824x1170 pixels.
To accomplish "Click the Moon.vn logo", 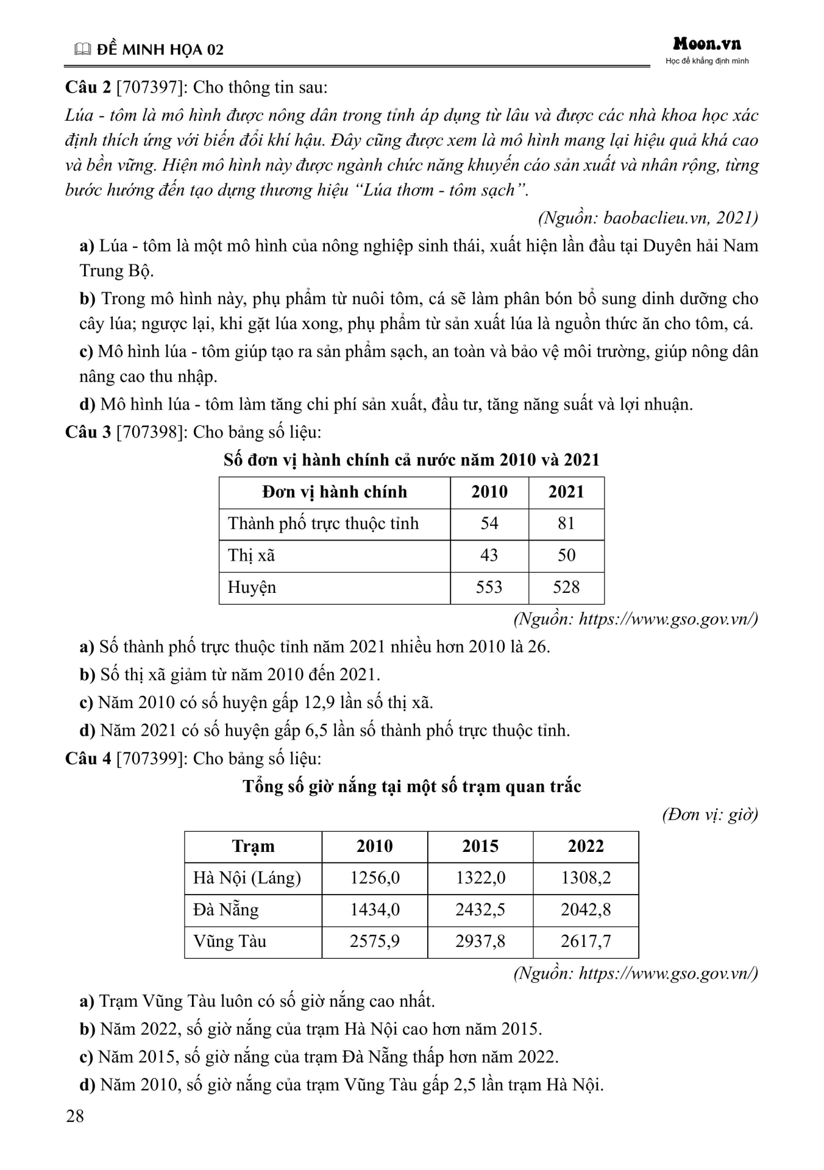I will tap(707, 44).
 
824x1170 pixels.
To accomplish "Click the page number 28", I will tap(75, 1116).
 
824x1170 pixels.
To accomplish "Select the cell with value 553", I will tap(489, 587).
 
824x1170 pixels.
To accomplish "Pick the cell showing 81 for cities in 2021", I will tap(566, 523).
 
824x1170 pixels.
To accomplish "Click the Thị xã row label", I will tap(252, 555).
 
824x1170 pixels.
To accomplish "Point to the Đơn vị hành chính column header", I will tap(335, 492).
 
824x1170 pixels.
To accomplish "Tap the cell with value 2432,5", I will tap(480, 909).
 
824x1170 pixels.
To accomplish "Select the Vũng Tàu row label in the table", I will tap(230, 941).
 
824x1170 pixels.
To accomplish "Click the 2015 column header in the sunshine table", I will tap(480, 846).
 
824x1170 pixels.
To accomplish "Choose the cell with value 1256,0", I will tap(375, 877).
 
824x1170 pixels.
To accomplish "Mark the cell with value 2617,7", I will tap(586, 941).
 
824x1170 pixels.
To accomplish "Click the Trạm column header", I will tap(253, 846).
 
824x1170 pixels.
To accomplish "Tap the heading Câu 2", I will tap(88, 87).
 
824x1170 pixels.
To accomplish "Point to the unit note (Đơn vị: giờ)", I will tap(710, 814).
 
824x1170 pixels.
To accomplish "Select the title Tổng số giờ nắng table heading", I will tap(412, 786).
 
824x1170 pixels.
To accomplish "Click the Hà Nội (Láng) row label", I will tap(247, 877).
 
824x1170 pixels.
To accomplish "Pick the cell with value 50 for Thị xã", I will tap(566, 555).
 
